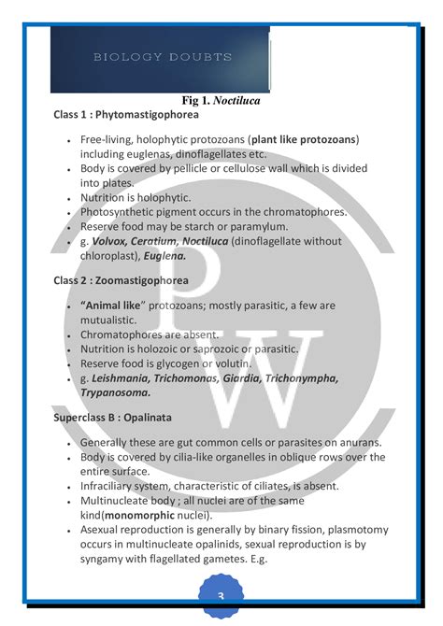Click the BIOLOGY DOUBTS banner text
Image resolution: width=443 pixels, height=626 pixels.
click(x=162, y=58)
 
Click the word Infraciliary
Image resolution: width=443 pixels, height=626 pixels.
click(x=114, y=486)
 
